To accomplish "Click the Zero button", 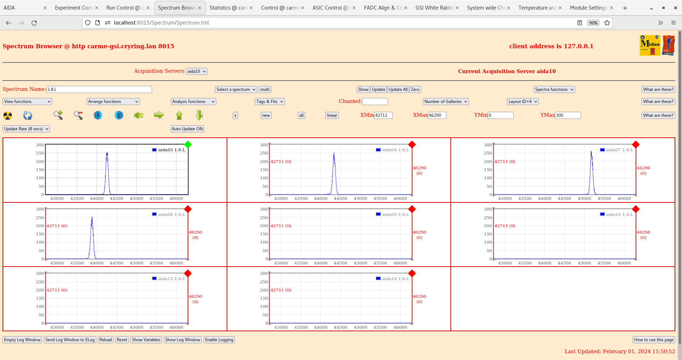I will (x=415, y=89).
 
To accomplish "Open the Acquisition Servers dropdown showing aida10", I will (x=196, y=71).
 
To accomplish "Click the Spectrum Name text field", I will (x=99, y=89).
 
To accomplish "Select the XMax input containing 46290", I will (x=437, y=115).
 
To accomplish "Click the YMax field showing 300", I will (x=568, y=115).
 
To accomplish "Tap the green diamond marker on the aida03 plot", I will (x=188, y=144).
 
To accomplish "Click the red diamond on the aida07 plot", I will (x=636, y=144).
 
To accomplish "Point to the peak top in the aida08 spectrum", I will (x=92, y=217).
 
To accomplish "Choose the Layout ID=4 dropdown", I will (x=523, y=102).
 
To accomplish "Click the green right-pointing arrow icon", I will (x=159, y=115).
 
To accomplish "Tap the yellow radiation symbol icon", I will (x=7, y=115).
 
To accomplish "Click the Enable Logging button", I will (x=219, y=340).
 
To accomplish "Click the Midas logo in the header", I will (x=650, y=45).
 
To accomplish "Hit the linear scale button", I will (x=332, y=115).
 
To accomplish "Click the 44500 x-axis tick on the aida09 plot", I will (x=340, y=263).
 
